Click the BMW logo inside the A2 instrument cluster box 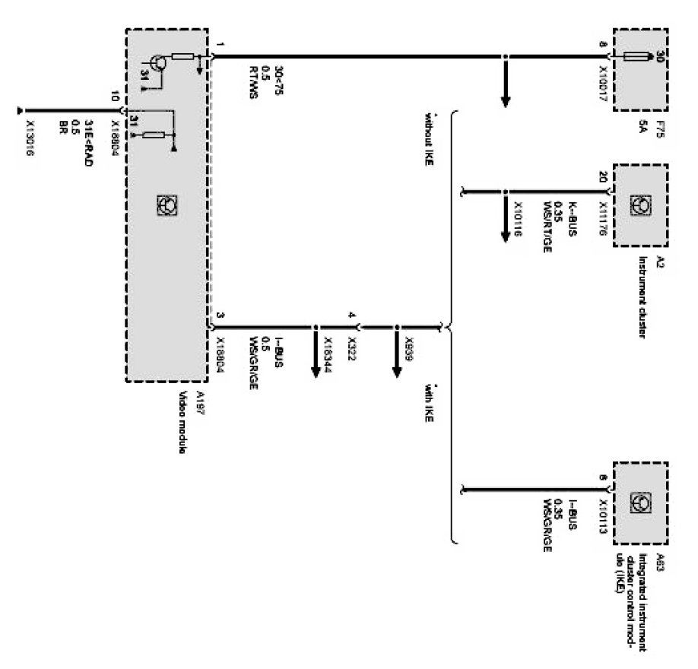[x=637, y=205]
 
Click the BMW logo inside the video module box [x=167, y=203]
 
